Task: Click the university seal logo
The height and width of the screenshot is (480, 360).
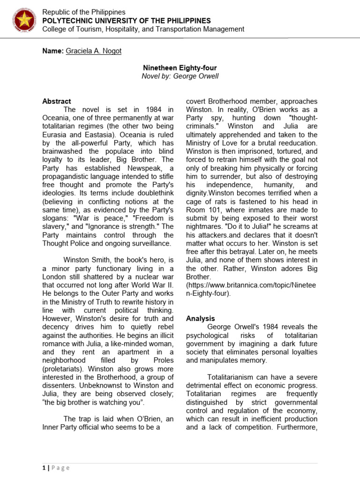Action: point(22,21)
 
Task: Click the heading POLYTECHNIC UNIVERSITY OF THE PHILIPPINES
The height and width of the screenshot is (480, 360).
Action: point(127,21)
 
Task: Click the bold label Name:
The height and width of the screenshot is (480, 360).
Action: point(52,51)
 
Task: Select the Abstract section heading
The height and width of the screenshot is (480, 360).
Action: point(57,101)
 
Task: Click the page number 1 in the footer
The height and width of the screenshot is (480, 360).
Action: point(44,468)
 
